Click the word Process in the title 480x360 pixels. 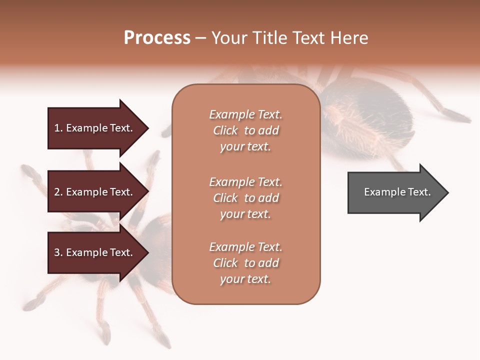(x=157, y=38)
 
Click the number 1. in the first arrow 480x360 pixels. (x=58, y=128)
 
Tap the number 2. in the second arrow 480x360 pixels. (x=58, y=192)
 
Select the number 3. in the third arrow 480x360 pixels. (x=58, y=252)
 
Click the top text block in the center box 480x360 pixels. (x=245, y=130)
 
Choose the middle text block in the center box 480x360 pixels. (x=245, y=198)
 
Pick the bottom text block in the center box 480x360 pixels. (x=245, y=263)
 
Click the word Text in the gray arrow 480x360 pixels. (x=419, y=192)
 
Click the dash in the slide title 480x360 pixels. (x=200, y=38)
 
